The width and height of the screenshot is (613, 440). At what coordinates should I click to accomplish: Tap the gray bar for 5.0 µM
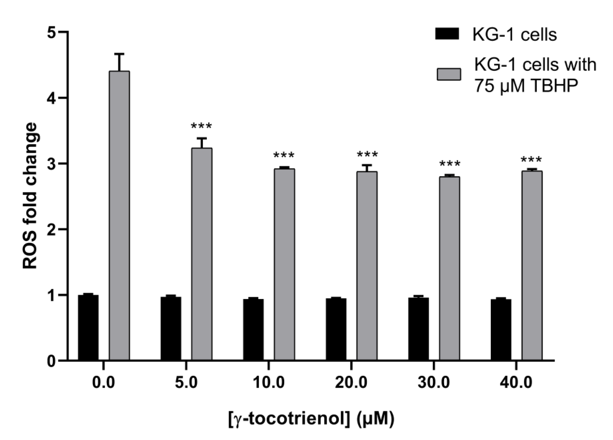[x=202, y=254]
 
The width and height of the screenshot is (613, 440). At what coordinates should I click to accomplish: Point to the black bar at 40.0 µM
[x=501, y=330]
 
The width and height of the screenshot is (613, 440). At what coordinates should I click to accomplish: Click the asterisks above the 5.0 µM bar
[x=201, y=126]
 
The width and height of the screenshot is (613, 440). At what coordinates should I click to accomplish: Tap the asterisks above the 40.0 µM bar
[x=531, y=160]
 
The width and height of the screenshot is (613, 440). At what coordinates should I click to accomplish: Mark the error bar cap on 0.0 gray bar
[x=119, y=54]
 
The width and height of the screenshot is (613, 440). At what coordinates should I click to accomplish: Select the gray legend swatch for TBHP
[x=449, y=74]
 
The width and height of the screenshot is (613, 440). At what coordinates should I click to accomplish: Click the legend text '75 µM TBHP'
[x=526, y=86]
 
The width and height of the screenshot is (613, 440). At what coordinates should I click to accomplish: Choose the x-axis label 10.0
[x=269, y=383]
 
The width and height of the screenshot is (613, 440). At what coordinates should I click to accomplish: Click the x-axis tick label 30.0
[x=434, y=383]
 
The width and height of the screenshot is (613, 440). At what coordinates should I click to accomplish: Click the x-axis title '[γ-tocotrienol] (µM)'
[x=311, y=419]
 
